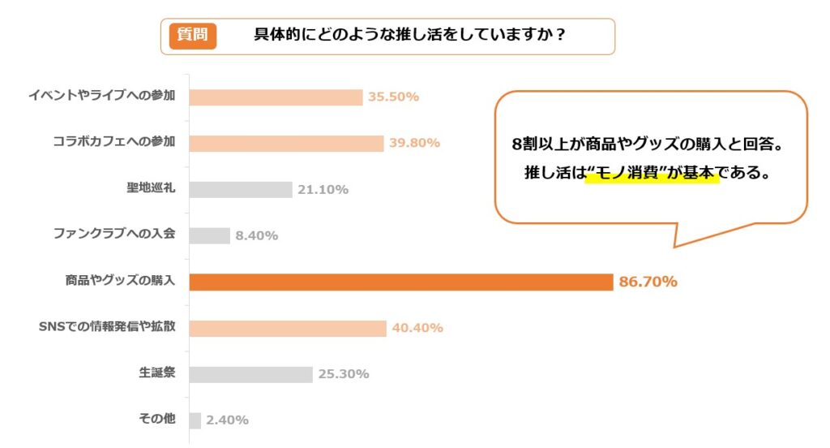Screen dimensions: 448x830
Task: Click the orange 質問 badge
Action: click(x=192, y=36)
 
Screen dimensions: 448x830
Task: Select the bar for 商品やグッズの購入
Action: click(x=400, y=282)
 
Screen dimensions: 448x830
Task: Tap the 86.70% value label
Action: click(x=648, y=282)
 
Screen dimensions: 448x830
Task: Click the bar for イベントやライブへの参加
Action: click(x=276, y=97)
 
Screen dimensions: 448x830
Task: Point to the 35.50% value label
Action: click(x=393, y=97)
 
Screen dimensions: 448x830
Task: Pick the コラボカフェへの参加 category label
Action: click(x=113, y=143)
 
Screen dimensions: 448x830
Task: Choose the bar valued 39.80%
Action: click(x=286, y=144)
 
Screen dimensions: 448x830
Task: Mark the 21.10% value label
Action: click(x=323, y=190)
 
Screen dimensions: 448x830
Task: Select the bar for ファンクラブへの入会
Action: click(x=209, y=235)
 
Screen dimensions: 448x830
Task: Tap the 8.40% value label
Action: click(x=256, y=236)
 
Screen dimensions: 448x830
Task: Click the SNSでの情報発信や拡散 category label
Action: click(x=107, y=328)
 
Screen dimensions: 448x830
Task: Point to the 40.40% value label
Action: click(x=417, y=329)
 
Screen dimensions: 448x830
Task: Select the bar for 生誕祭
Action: click(x=250, y=374)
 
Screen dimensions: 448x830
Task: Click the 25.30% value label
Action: click(x=343, y=374)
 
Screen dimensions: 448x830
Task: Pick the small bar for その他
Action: click(x=195, y=420)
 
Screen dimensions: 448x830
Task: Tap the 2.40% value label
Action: click(x=227, y=420)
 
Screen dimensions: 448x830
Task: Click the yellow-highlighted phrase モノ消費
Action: click(x=652, y=174)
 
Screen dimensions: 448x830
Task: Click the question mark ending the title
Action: click(x=559, y=36)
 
